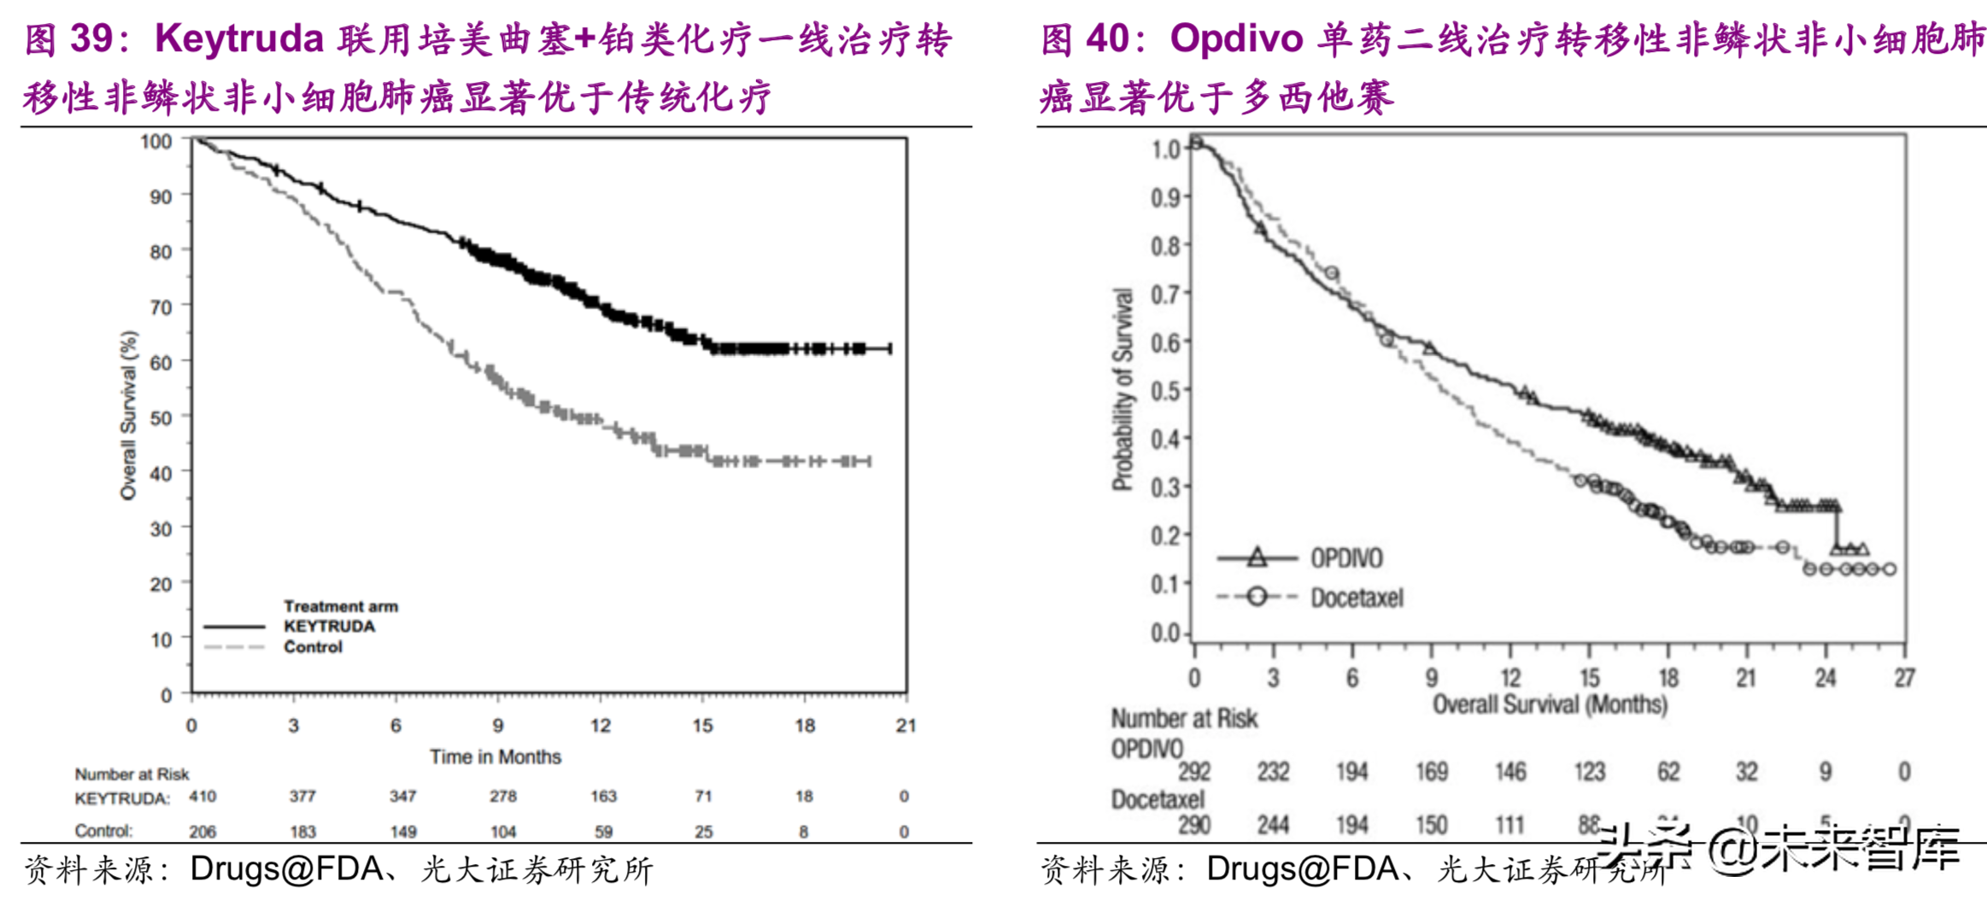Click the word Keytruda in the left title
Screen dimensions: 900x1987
(x=239, y=39)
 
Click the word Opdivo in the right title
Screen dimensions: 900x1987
(x=1236, y=39)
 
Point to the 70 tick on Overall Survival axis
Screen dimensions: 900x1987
(x=161, y=307)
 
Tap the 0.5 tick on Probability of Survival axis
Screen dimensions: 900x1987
(x=1165, y=391)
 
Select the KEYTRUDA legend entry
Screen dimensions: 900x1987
(x=329, y=626)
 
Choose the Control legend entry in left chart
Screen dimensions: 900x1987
(x=313, y=647)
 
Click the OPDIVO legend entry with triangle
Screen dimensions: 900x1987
(x=1346, y=558)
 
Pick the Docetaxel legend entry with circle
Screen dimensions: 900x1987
(x=1357, y=598)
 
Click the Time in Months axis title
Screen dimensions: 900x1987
(x=495, y=757)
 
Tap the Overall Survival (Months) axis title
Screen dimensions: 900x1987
(x=1550, y=704)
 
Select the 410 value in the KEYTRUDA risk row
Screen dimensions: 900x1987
(x=202, y=796)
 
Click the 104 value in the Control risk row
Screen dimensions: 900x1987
(x=503, y=832)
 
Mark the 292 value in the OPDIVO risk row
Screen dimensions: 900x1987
(x=1194, y=772)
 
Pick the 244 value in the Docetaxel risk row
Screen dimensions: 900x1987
(x=1273, y=825)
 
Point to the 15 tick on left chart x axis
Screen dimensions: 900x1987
(x=702, y=726)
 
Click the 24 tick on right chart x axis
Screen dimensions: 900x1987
(x=1826, y=678)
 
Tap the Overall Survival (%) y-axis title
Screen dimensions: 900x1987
(x=128, y=415)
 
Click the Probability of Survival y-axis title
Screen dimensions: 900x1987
(x=1122, y=389)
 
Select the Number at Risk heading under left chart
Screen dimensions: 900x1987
(x=132, y=774)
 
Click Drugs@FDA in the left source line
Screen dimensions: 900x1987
(x=286, y=869)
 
